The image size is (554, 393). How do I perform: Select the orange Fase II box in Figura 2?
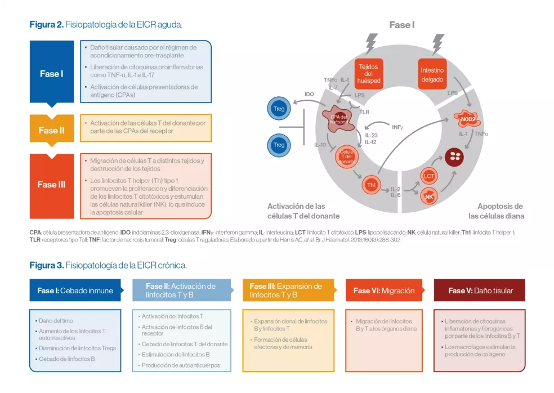tap(51, 130)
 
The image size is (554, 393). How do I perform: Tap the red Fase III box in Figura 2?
tap(51, 184)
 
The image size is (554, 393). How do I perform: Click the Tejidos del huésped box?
tap(369, 74)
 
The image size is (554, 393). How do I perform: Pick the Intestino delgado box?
tap(432, 74)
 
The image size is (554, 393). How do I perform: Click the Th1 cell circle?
tap(371, 185)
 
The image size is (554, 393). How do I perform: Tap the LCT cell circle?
tap(428, 177)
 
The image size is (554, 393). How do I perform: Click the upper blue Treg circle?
tap(279, 108)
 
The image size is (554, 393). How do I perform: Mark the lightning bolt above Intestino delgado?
tap(437, 44)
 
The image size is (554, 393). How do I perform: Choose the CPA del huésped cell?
tap(339, 118)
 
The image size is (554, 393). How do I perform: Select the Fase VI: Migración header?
tap(383, 291)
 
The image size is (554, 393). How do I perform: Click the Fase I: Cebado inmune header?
tap(75, 291)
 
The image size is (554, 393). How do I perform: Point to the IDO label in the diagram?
tap(309, 94)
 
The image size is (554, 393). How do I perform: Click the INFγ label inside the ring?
tap(397, 127)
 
